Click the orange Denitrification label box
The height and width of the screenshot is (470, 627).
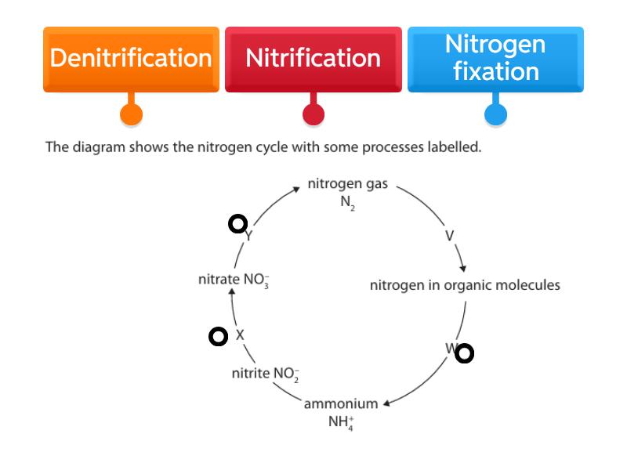[131, 59]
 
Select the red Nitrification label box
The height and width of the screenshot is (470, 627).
[313, 59]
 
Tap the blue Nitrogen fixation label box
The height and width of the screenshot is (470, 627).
[495, 59]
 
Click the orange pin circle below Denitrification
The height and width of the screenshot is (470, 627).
[131, 114]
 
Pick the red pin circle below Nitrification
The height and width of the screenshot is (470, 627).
[313, 114]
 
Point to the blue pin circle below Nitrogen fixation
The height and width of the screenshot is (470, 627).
[495, 114]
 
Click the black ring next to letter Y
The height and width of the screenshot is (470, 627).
[237, 224]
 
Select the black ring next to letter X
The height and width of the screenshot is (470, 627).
[219, 336]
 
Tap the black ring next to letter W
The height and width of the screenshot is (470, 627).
[464, 353]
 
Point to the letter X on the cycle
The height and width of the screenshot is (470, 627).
[240, 335]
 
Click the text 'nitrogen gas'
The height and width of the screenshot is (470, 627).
[346, 184]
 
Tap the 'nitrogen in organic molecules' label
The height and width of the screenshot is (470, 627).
[465, 285]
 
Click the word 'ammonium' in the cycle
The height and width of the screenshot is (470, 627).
[341, 403]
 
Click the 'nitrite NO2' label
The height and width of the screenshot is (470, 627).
[266, 373]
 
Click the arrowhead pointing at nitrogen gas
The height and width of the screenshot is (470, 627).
[295, 188]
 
